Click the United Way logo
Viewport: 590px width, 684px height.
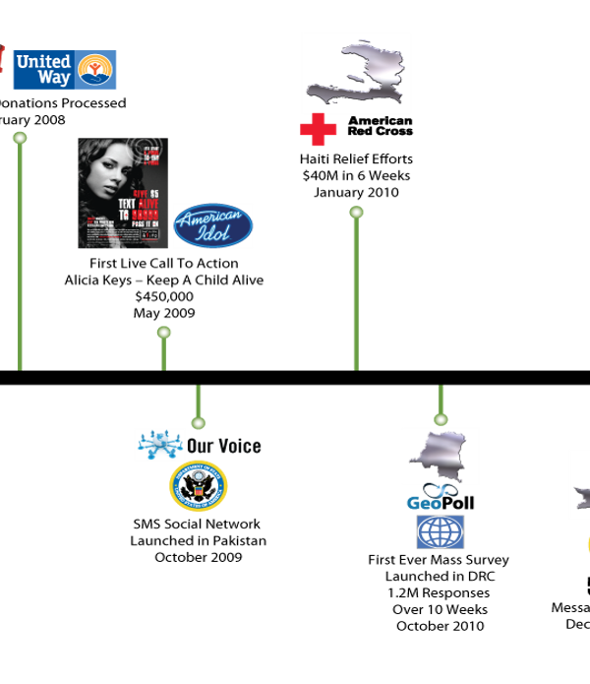coord(64,70)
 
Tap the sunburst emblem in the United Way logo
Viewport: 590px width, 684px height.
coord(96,70)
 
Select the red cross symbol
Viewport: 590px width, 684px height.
coord(319,130)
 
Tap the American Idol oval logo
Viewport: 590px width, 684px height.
coord(213,225)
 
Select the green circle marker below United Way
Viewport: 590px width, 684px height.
coord(20,138)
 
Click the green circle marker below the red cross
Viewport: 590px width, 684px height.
coord(356,213)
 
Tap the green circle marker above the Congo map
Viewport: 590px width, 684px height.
coord(441,419)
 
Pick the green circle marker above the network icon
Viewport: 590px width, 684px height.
coord(198,423)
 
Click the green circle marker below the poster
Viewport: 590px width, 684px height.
coord(163,333)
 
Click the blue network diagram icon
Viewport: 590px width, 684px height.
coord(159,445)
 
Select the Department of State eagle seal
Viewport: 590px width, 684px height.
coord(198,486)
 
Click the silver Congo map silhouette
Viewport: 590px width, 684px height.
coord(441,456)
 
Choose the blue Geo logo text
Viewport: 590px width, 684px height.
coord(424,503)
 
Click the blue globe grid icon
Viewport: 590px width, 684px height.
coord(440,531)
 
